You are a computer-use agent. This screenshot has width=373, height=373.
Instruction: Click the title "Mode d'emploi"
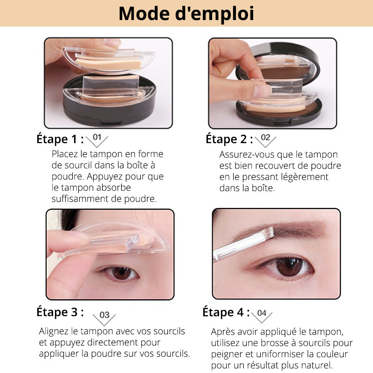tap(186, 14)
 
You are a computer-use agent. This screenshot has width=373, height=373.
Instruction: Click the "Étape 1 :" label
tap(60, 139)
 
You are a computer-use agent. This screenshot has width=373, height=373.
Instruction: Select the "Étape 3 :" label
tap(60, 312)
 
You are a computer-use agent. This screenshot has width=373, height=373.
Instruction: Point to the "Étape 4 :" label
tap(226, 312)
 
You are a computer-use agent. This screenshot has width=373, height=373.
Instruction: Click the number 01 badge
tap(97, 138)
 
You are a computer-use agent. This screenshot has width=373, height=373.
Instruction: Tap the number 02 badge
tap(265, 138)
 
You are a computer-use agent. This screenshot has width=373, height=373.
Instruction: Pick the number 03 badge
tap(104, 316)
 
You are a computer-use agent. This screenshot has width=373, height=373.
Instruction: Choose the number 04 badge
tap(262, 313)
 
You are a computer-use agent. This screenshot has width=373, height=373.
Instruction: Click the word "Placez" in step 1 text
tap(65, 154)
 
